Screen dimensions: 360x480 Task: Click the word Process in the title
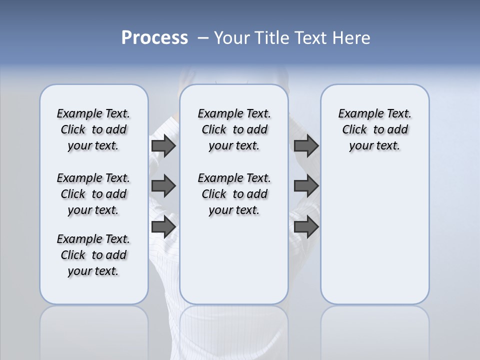point(154,38)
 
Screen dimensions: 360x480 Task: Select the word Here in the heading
point(352,38)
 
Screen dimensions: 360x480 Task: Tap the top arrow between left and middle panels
point(163,145)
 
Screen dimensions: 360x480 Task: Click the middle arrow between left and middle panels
point(163,186)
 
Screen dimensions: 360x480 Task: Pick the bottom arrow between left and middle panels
point(163,226)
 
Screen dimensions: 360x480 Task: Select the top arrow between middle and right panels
point(306,145)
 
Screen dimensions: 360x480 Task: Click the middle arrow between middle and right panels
point(306,186)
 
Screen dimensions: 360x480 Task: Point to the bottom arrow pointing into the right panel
point(306,226)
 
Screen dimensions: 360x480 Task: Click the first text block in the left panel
point(93,129)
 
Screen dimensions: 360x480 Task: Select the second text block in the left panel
point(93,194)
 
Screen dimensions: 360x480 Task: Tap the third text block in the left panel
point(93,255)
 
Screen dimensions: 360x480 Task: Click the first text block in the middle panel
point(234,129)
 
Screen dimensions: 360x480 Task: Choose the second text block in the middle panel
point(234,194)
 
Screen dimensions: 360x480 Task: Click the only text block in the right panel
point(375,129)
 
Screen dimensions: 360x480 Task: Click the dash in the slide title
point(203,38)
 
